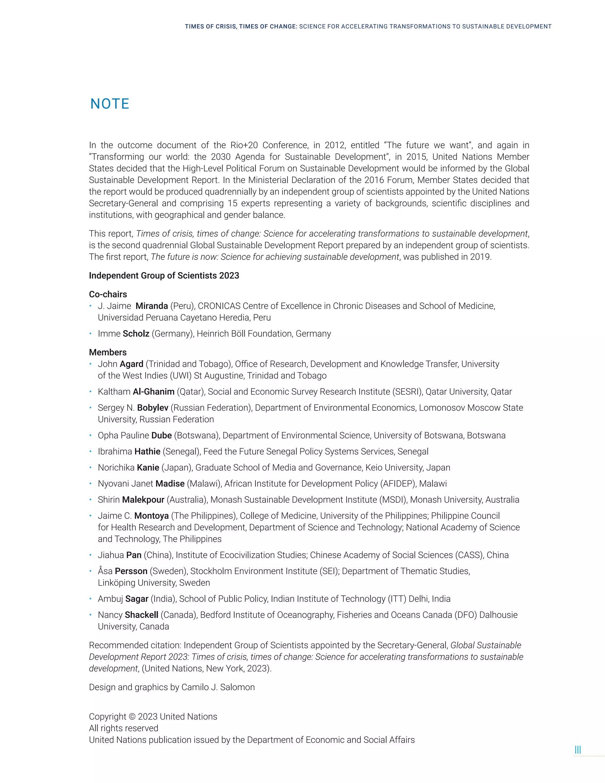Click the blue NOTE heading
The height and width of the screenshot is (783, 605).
coord(110,104)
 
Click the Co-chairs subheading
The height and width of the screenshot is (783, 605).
coord(108,294)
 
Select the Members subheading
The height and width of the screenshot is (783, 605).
coord(108,352)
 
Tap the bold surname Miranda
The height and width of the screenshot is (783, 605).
coord(152,306)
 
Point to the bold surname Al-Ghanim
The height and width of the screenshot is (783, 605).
coord(153,392)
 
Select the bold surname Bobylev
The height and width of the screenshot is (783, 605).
coord(153,408)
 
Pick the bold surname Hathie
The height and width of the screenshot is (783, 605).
coord(147,452)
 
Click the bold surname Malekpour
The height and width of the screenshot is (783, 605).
coord(143,500)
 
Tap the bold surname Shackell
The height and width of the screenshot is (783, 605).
coord(141,615)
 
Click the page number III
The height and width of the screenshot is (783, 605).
coord(578,750)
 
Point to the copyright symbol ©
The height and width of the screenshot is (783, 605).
coord(131,717)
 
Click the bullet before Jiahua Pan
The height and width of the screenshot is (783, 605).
coord(91,555)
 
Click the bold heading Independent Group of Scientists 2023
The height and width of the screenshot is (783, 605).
coord(164,276)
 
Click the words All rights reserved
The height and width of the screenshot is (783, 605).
coord(123,728)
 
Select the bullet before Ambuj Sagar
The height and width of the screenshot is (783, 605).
coord(91,599)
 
